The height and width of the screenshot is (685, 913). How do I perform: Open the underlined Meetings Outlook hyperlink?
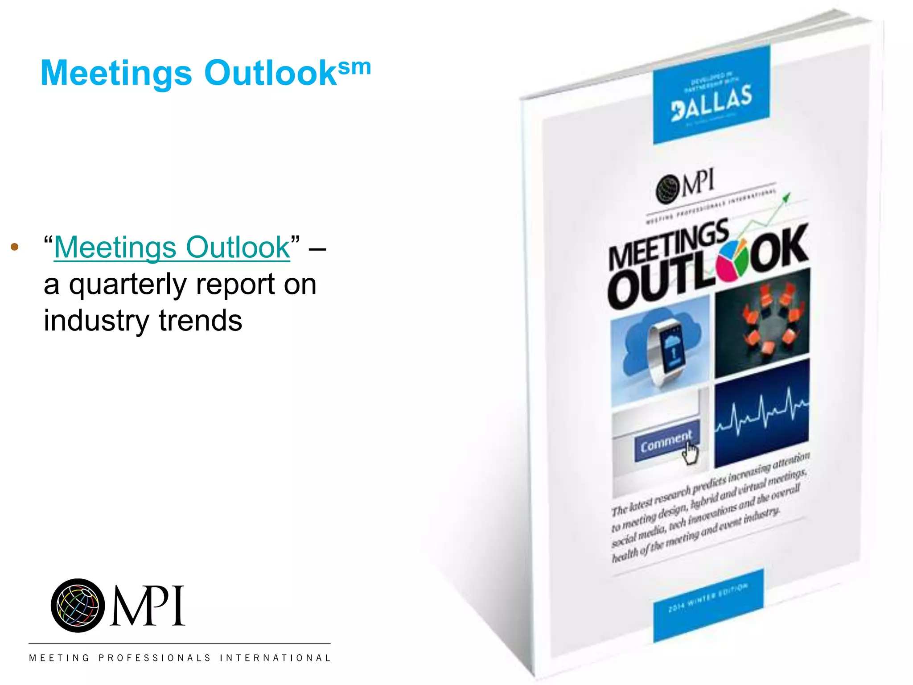172,247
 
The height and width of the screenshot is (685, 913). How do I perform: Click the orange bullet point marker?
15,247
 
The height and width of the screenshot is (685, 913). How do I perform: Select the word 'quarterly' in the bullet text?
127,285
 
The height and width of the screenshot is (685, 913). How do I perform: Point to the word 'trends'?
200,321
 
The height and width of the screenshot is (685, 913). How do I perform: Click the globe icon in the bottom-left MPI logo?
78,606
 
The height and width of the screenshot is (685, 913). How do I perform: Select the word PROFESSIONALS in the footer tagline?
154,658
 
